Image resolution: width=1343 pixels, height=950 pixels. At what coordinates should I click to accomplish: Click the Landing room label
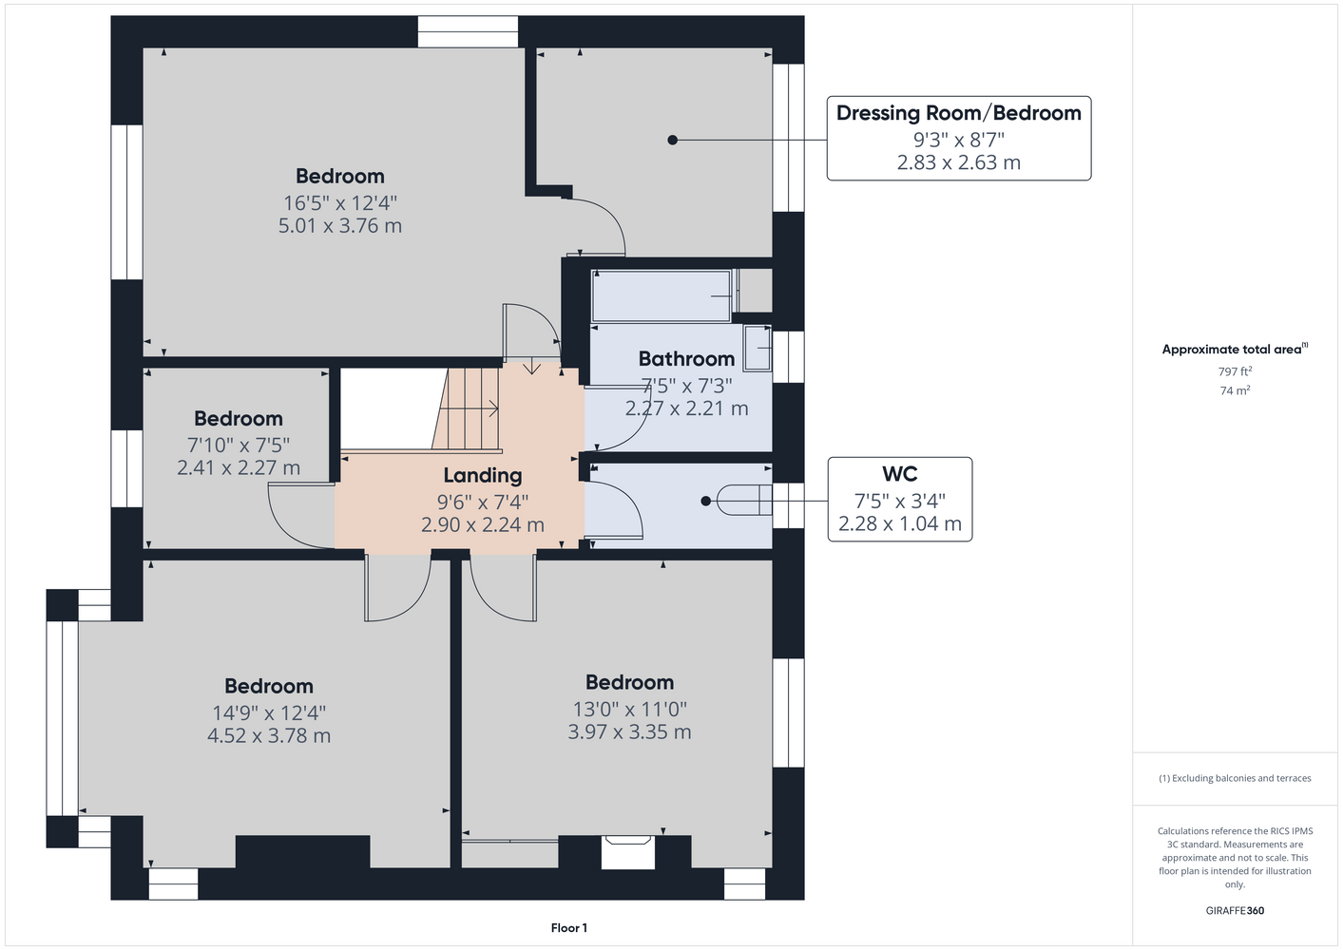pos(483,475)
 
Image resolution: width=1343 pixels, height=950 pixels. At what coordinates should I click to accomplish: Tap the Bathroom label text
pos(686,358)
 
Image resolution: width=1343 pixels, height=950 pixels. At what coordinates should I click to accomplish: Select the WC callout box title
pos(900,473)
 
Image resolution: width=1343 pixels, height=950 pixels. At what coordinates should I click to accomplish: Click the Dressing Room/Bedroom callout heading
pos(959,113)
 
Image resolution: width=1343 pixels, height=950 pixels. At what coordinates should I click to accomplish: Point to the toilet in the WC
pos(744,500)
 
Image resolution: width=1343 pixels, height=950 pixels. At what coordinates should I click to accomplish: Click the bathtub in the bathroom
pos(662,296)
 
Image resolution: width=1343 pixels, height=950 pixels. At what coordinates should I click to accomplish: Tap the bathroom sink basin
pos(758,348)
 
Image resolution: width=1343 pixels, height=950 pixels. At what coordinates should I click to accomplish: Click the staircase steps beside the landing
pos(469,408)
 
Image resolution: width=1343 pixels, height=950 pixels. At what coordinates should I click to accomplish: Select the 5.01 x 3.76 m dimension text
pos(340,226)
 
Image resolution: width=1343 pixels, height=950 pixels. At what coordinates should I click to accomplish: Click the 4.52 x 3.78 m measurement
pos(269,735)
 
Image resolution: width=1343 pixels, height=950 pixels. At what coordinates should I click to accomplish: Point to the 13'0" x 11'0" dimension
pos(629,710)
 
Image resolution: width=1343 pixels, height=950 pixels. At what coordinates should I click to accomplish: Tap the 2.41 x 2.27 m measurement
pos(239,467)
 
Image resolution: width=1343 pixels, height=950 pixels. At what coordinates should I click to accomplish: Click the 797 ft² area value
pos(1235,371)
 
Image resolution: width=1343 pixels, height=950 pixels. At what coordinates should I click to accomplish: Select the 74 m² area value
pos(1235,390)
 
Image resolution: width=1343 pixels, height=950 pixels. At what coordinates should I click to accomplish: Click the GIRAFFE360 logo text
pos(1235,910)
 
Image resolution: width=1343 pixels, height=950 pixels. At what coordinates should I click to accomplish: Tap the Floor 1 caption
pos(569,928)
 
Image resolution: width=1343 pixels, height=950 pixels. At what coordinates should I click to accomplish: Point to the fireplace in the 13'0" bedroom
pos(627,852)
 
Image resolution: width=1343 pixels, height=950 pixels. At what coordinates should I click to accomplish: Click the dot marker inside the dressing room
pos(673,140)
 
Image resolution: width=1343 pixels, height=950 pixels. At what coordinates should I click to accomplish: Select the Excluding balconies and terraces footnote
pos(1235,778)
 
